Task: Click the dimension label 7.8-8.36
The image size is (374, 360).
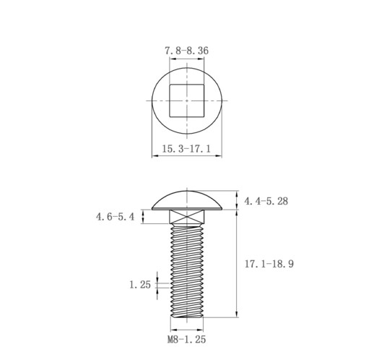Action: tap(186, 51)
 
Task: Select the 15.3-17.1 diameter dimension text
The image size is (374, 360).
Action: tap(186, 149)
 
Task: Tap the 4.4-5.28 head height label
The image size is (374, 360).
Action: tap(266, 201)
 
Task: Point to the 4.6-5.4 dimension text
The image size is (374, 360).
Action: tap(115, 217)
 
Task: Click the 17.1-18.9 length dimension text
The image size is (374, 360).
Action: tap(269, 264)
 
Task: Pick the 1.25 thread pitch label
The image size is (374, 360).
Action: tap(140, 285)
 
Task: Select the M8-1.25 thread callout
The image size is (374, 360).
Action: tap(187, 340)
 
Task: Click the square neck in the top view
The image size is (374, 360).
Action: tap(187, 100)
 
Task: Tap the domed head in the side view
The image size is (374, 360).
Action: tap(187, 200)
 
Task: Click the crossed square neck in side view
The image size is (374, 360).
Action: tap(187, 217)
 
